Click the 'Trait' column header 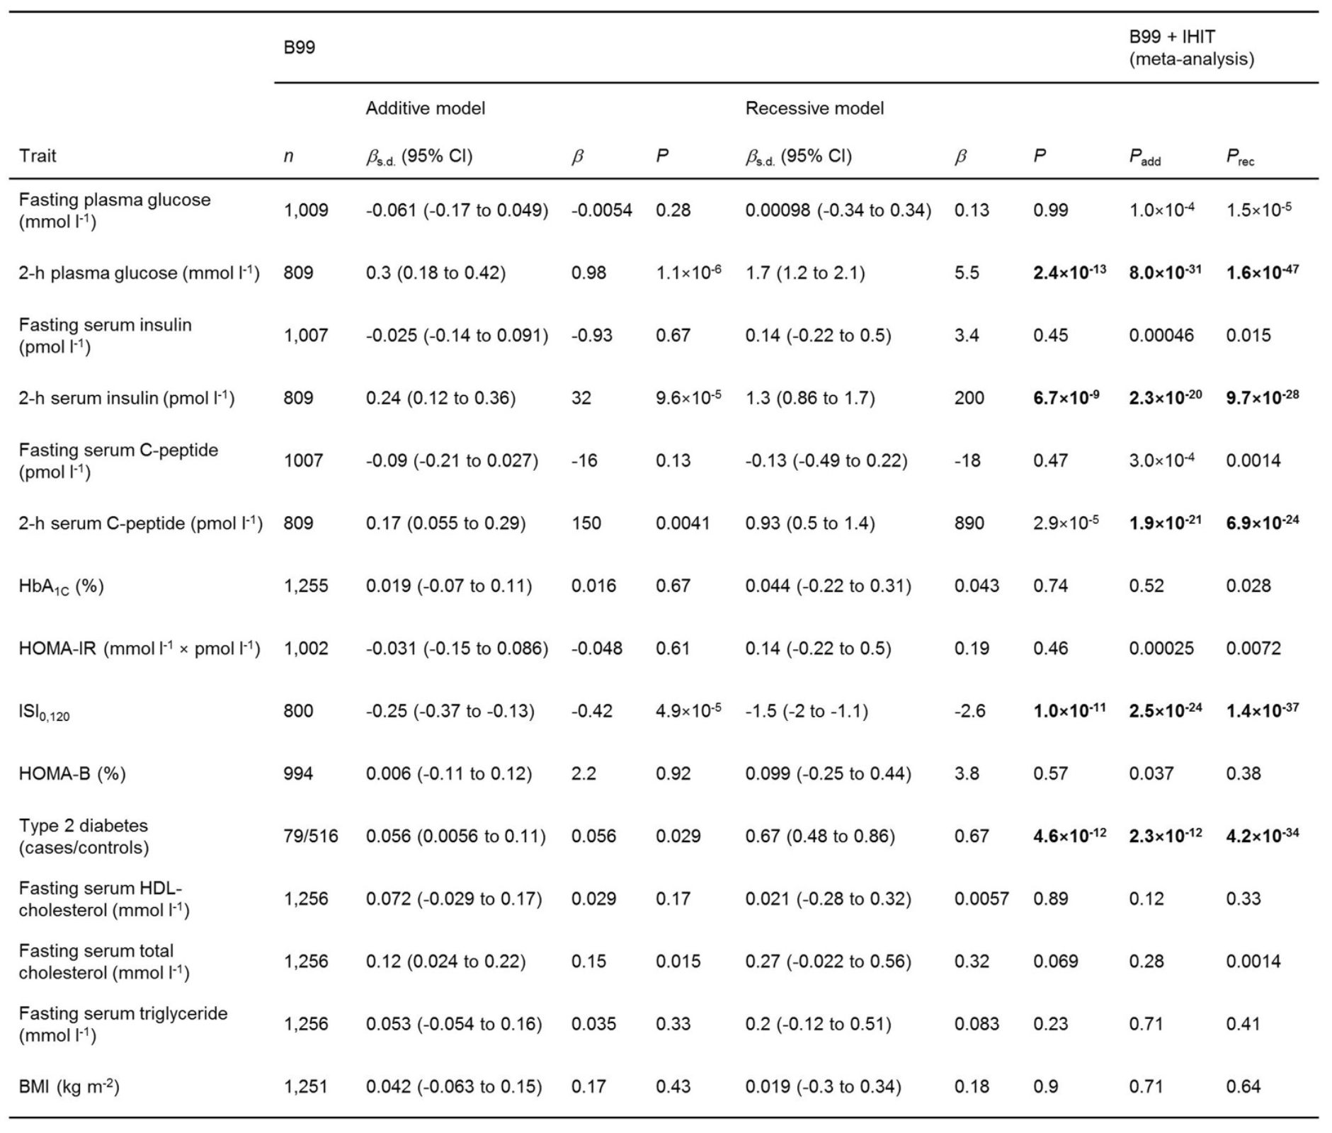[38, 156]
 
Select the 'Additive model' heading [425, 108]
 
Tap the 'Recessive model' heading [814, 108]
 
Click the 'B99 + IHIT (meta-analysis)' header [1191, 47]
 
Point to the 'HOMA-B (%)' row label [72, 773]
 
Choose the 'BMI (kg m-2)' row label [69, 1086]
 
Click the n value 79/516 [311, 836]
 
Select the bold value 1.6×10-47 [1263, 272]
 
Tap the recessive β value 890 [969, 523]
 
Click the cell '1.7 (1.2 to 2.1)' [804, 273]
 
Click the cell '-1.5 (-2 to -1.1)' [807, 711]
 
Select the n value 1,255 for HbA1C [306, 586]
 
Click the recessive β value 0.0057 [981, 899]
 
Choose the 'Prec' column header [1240, 156]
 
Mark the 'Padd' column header [1144, 156]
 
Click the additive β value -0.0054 [601, 210]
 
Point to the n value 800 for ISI [298, 711]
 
